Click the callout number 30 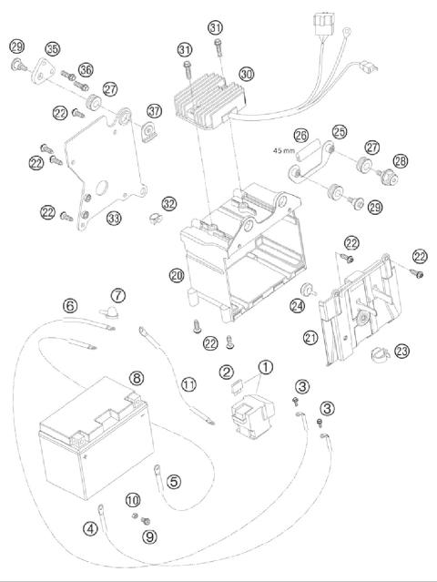click(x=247, y=73)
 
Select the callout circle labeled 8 click(x=136, y=376)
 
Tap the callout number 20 click(x=176, y=273)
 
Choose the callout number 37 click(x=154, y=111)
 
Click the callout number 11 click(x=188, y=384)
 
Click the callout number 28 click(x=400, y=160)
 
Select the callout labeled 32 click(x=168, y=203)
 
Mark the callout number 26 click(x=301, y=134)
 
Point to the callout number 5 click(x=174, y=482)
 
